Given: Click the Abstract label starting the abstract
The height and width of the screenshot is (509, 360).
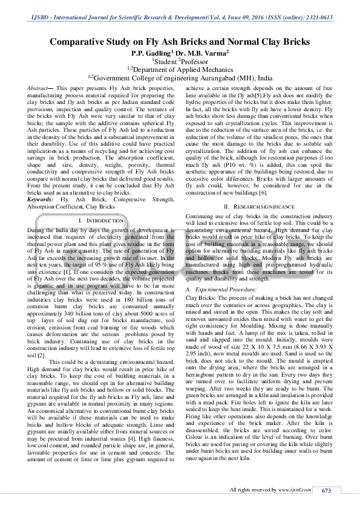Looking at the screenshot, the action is click(38, 88).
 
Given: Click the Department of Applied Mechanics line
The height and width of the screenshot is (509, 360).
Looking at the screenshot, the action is click(180, 70).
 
